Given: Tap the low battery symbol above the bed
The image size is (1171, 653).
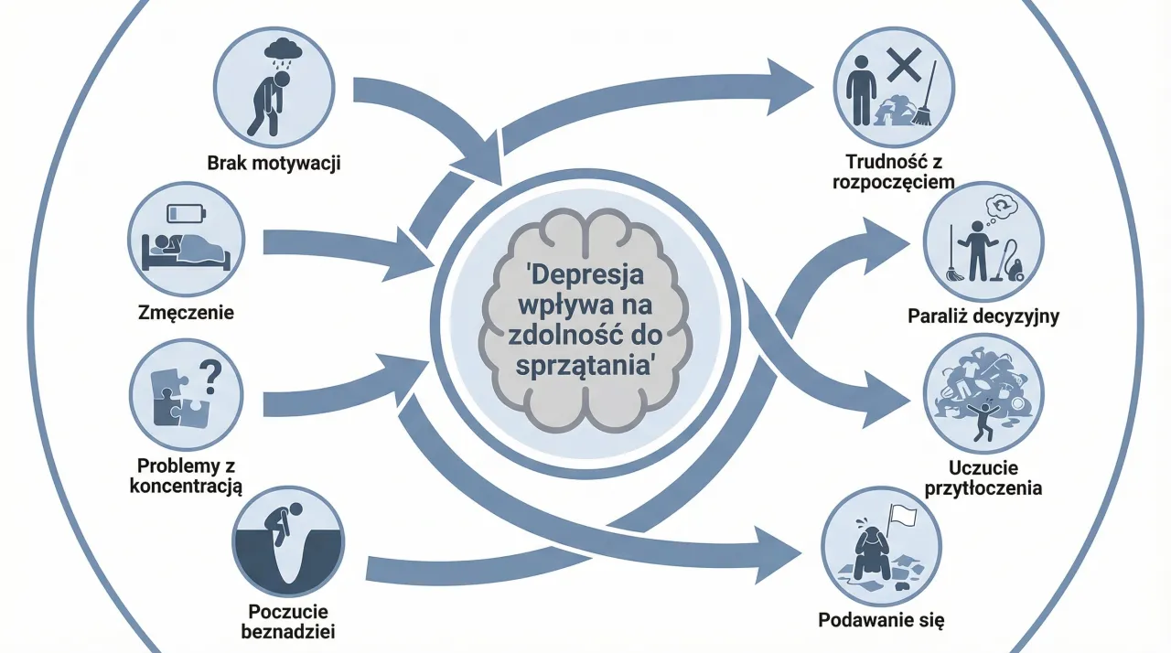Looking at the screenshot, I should [x=188, y=212].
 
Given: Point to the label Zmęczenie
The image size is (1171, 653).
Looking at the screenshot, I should [x=187, y=313].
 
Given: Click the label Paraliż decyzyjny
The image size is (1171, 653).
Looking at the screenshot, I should [x=983, y=317].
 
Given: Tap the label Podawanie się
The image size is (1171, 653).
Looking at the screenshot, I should [x=881, y=620].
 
